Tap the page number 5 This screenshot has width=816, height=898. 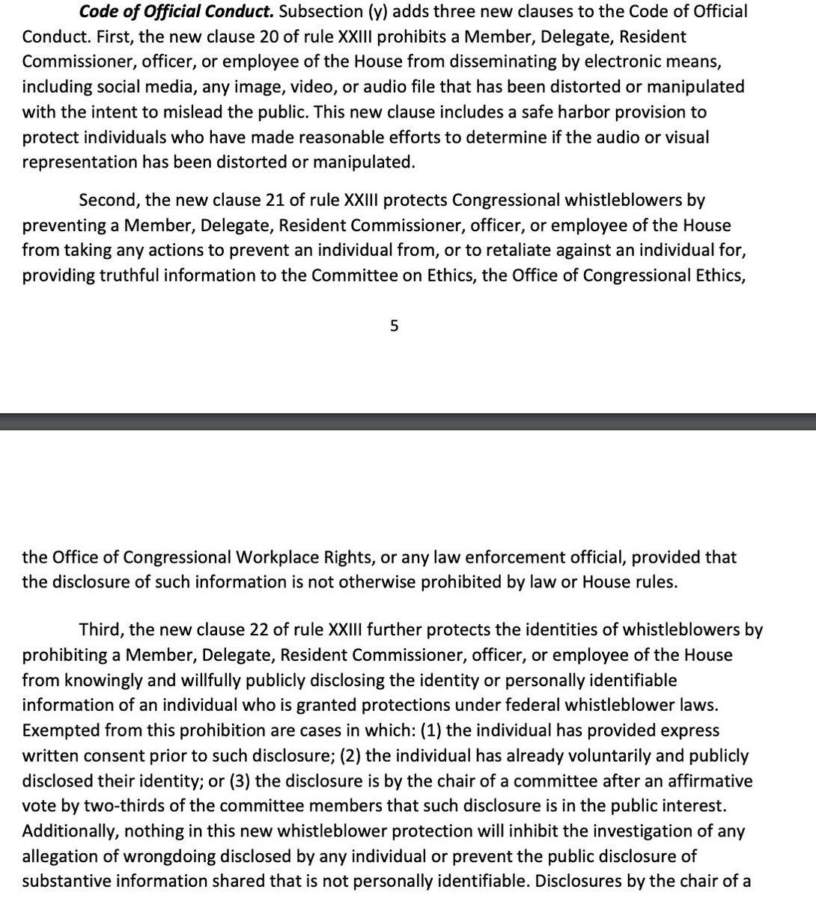tap(394, 326)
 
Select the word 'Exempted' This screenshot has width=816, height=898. tap(55, 731)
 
